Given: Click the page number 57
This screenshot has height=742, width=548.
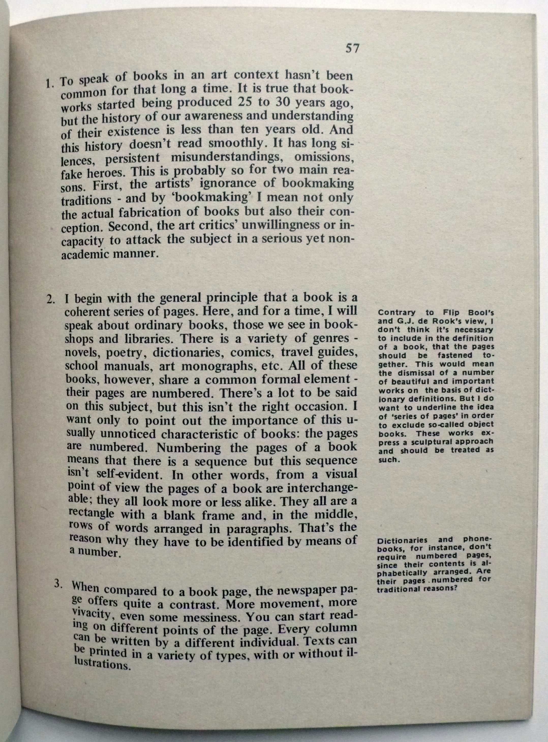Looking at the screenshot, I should [x=352, y=49].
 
